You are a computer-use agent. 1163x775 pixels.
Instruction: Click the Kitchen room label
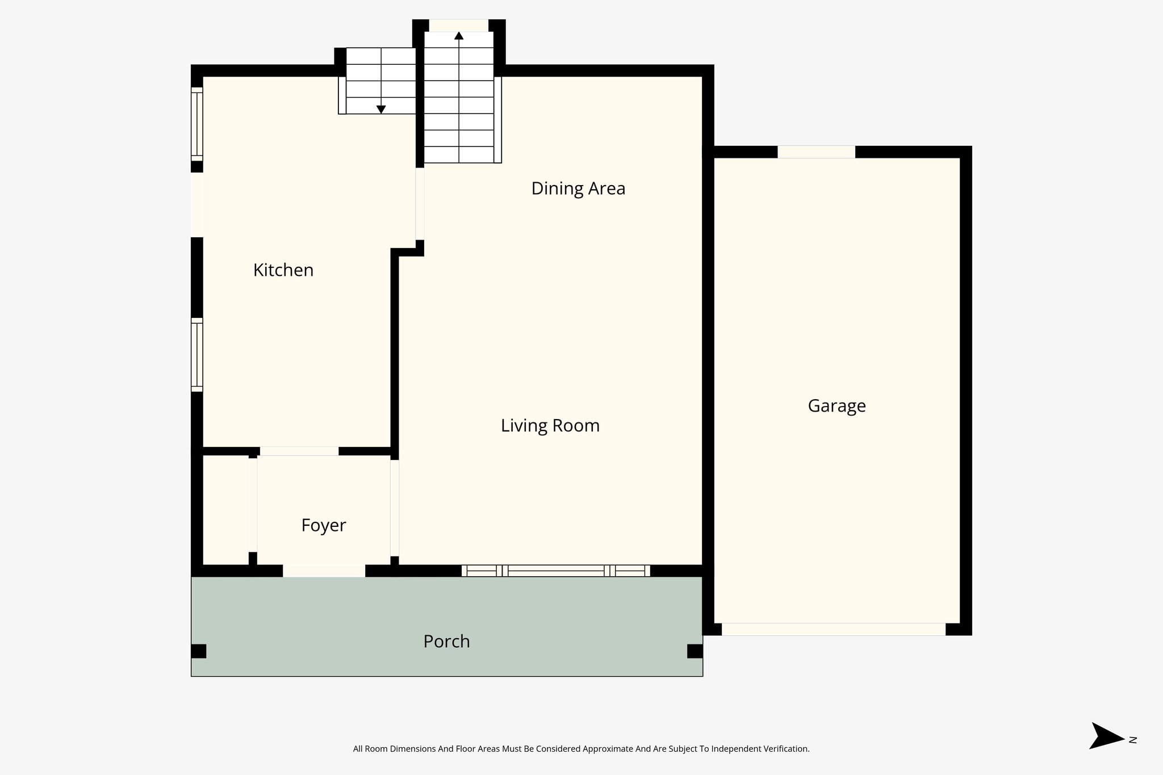(283, 270)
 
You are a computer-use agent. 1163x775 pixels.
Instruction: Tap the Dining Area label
(578, 188)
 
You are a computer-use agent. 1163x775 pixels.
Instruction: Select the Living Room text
(550, 426)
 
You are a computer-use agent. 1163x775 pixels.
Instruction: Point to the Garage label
(836, 406)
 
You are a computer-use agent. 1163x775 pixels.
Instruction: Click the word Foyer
(323, 525)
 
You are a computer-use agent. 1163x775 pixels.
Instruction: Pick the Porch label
(446, 642)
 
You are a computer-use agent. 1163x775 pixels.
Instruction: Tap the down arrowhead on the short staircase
(381, 109)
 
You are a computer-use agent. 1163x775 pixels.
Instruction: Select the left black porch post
(198, 651)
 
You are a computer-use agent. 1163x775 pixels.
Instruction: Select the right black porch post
(695, 651)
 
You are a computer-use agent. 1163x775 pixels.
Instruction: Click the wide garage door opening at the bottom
(833, 629)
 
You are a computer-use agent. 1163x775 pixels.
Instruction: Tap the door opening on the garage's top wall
(816, 152)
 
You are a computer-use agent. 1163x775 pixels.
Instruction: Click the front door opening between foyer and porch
(324, 571)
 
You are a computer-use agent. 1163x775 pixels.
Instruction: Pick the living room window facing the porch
(555, 571)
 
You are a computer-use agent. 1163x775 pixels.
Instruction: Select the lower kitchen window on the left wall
(196, 355)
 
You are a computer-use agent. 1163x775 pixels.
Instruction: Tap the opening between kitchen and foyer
(299, 451)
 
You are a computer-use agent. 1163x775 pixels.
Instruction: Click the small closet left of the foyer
(225, 510)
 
